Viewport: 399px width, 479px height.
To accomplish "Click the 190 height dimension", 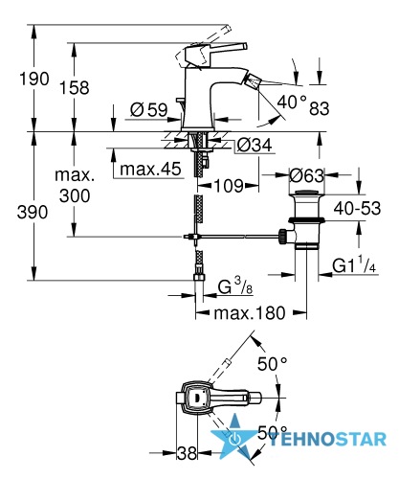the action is tap(34, 79).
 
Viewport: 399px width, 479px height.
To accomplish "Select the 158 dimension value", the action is tap(75, 87).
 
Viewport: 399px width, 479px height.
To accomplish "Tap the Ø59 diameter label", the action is tap(149, 110).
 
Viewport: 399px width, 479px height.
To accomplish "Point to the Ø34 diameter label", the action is tap(255, 145).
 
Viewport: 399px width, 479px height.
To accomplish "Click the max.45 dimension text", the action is tap(150, 169).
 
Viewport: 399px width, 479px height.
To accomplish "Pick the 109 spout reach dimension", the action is tap(229, 185).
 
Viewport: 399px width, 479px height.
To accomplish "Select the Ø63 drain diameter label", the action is tap(306, 175).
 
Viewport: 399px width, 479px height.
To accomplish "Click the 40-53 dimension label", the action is tap(357, 209).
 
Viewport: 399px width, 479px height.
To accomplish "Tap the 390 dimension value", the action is tap(33, 212).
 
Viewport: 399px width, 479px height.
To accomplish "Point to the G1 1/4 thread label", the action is tap(354, 265).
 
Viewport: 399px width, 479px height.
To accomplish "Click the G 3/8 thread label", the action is tap(235, 285).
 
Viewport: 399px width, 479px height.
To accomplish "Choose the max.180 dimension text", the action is tap(250, 313).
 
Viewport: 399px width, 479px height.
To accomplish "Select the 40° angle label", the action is tap(292, 103).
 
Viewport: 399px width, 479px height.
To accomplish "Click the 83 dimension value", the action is tap(320, 108).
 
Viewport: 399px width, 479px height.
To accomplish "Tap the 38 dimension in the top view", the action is tap(187, 453).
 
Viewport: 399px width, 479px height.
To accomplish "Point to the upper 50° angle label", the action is tap(273, 364).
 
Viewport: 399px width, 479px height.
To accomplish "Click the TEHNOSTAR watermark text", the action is tap(327, 440).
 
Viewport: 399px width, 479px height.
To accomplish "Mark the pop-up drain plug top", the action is tap(307, 193).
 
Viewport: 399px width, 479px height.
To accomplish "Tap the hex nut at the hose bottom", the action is tap(199, 276).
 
